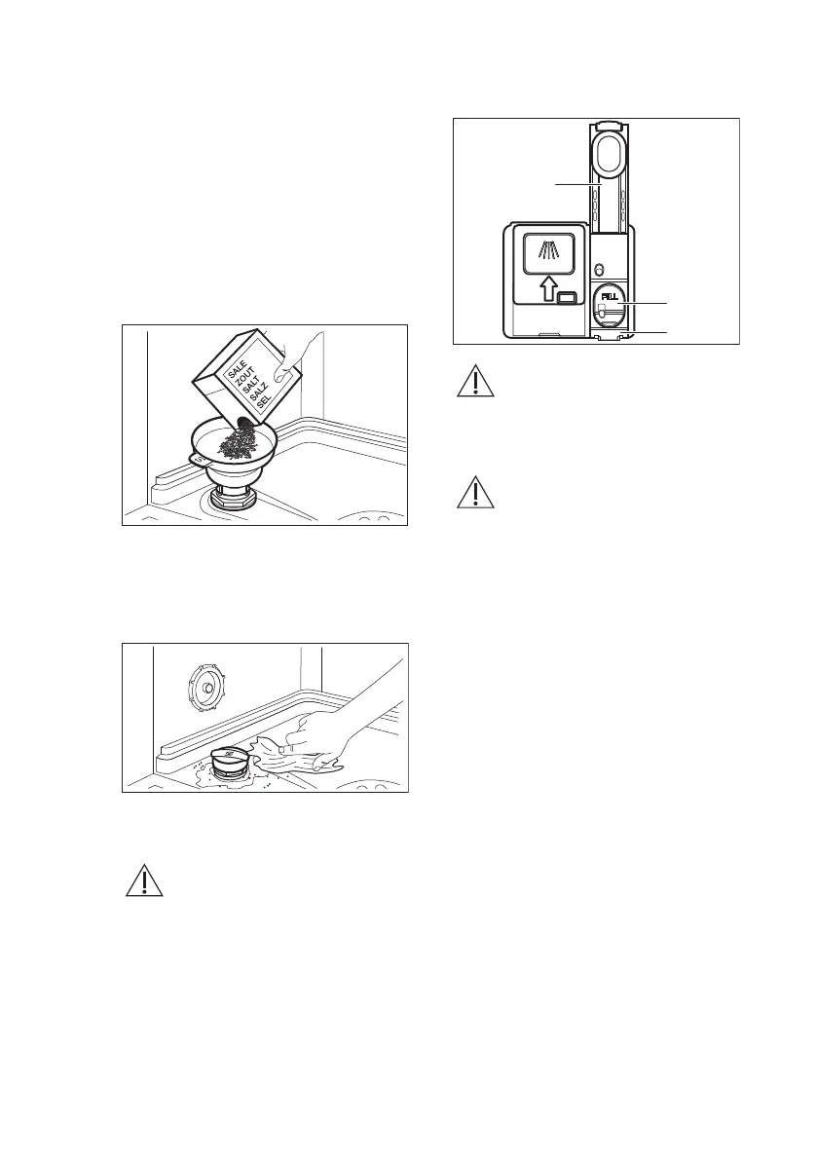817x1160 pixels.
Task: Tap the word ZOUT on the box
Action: pyautogui.click(x=244, y=381)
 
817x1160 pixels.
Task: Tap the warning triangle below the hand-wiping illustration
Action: pyautogui.click(x=144, y=881)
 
